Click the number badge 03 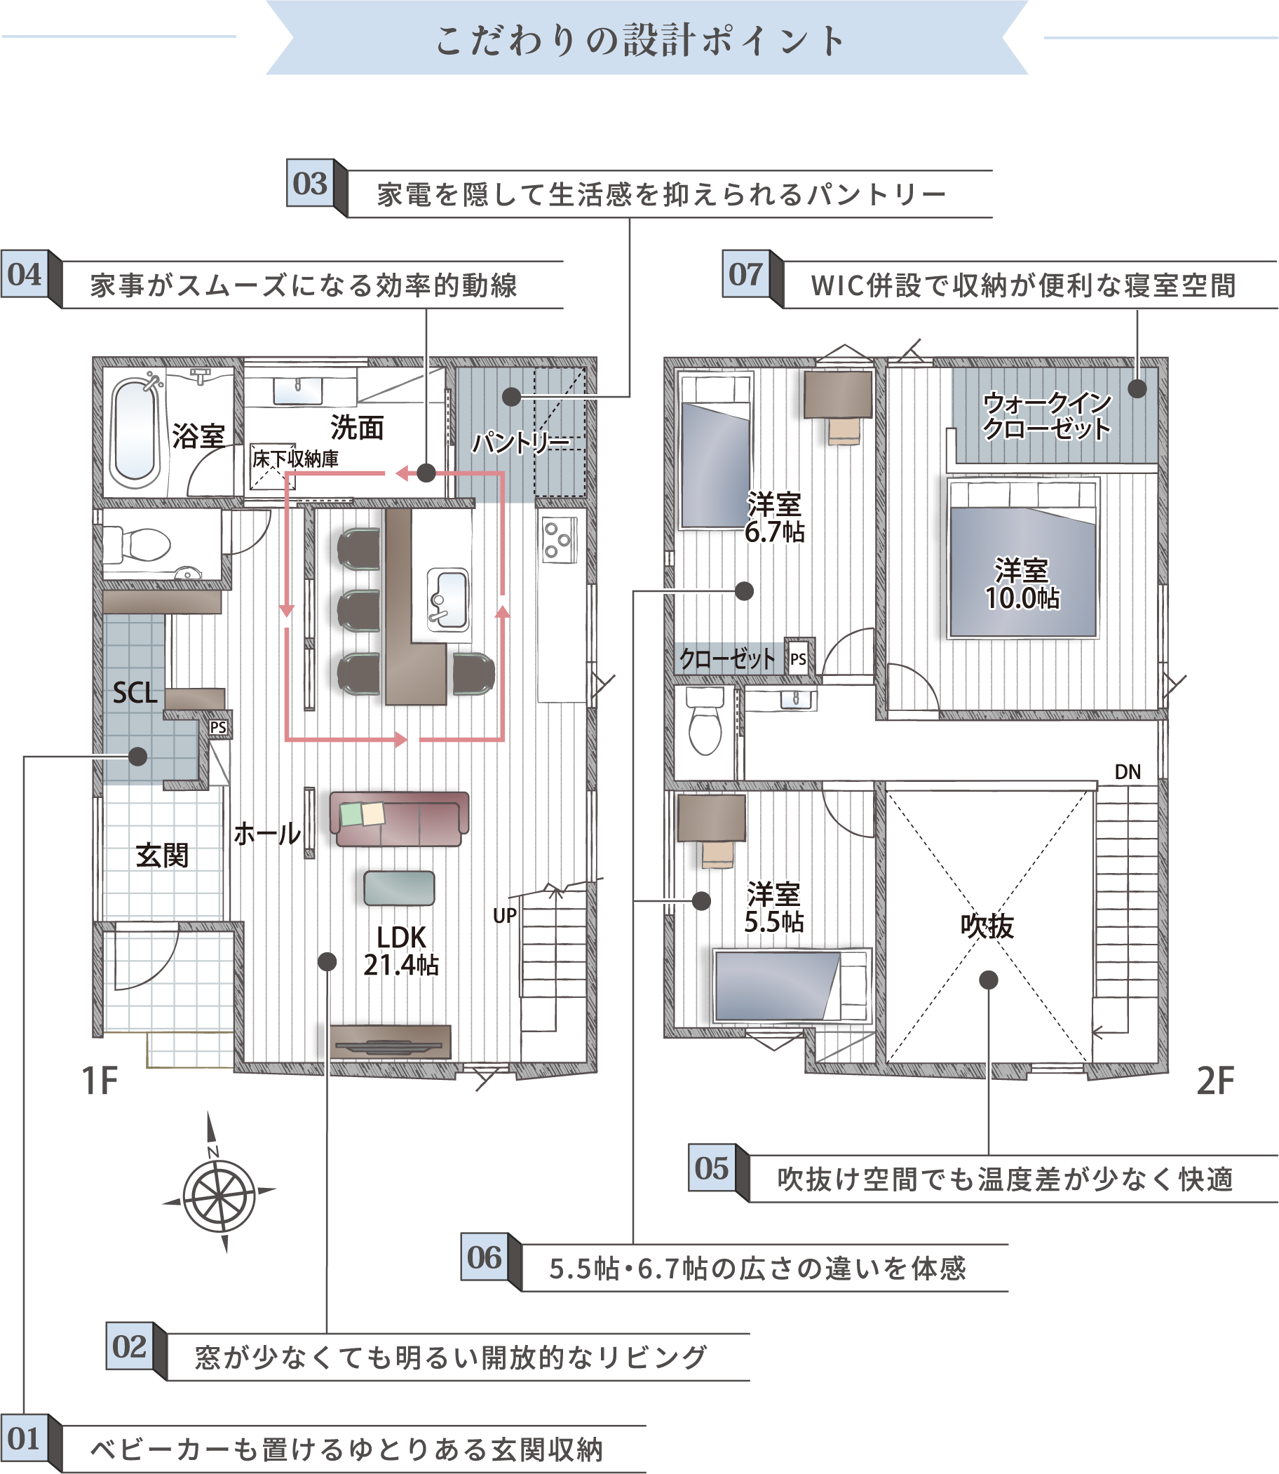click(311, 183)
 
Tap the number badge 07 click(746, 274)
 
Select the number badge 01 click(25, 1438)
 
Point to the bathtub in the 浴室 click(135, 433)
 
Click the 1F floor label click(99, 1081)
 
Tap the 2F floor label click(1214, 1081)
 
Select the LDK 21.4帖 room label click(401, 951)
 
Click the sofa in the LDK click(400, 820)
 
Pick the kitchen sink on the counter click(448, 599)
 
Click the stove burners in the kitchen click(559, 541)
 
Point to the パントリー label click(522, 443)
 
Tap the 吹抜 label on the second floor click(987, 926)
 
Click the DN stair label click(1128, 771)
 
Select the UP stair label click(505, 916)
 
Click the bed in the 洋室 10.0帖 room click(1023, 558)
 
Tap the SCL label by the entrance click(135, 692)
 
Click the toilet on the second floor click(705, 720)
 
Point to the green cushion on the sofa click(351, 813)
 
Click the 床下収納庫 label click(295, 459)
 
